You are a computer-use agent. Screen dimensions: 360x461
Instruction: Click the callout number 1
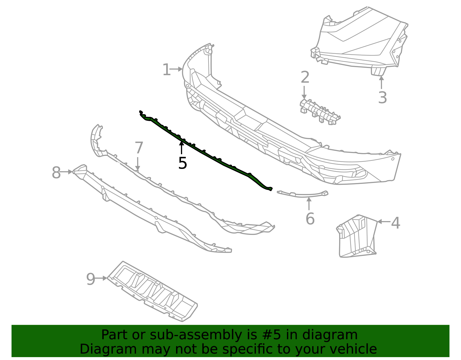point(167,70)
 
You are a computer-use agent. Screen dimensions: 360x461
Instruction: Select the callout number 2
point(305,77)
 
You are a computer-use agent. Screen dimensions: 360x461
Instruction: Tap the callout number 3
point(382,98)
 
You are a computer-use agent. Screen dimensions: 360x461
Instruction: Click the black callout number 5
point(183,163)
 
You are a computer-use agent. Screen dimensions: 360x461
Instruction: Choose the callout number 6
point(310,219)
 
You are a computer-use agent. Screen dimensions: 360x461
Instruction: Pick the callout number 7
point(139,148)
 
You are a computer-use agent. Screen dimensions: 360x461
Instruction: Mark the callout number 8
point(56,173)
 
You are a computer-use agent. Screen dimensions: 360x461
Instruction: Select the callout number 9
point(90,279)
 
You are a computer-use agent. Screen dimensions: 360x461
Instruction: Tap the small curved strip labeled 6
point(303,195)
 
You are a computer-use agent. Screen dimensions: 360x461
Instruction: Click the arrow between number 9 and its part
point(101,278)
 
